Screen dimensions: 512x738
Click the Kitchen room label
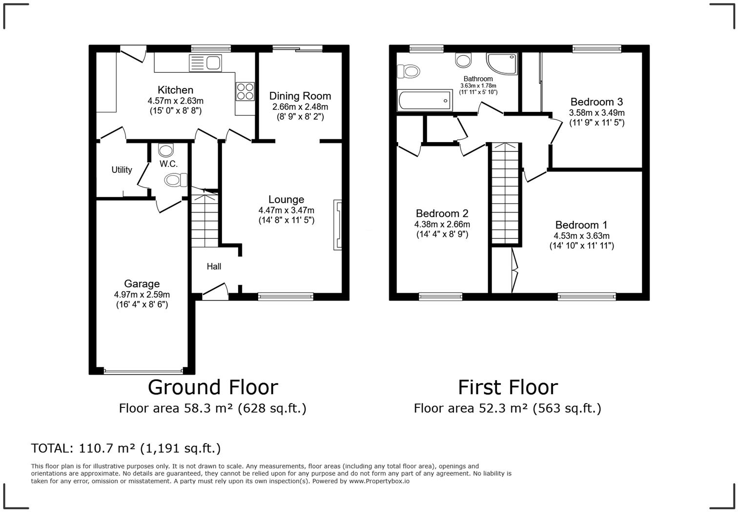175,90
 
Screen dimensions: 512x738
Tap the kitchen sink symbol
205,63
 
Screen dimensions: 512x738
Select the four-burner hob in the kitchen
245,91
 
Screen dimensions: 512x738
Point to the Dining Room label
300,96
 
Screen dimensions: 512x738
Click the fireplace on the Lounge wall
337,225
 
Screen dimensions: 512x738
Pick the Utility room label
122,170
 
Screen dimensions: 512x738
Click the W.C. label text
168,164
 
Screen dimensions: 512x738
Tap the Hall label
214,266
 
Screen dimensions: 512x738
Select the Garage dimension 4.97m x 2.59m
142,295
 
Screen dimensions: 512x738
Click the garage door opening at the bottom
143,371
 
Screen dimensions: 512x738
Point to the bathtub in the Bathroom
425,101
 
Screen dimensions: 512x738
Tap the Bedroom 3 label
596,102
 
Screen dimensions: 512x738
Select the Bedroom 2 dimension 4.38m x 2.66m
442,224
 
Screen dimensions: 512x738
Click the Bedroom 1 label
581,225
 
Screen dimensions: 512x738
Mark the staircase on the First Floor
505,193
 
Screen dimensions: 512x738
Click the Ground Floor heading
213,387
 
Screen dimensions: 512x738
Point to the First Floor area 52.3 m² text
507,408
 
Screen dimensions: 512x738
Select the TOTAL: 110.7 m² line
126,448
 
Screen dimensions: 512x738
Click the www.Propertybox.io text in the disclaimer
379,481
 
